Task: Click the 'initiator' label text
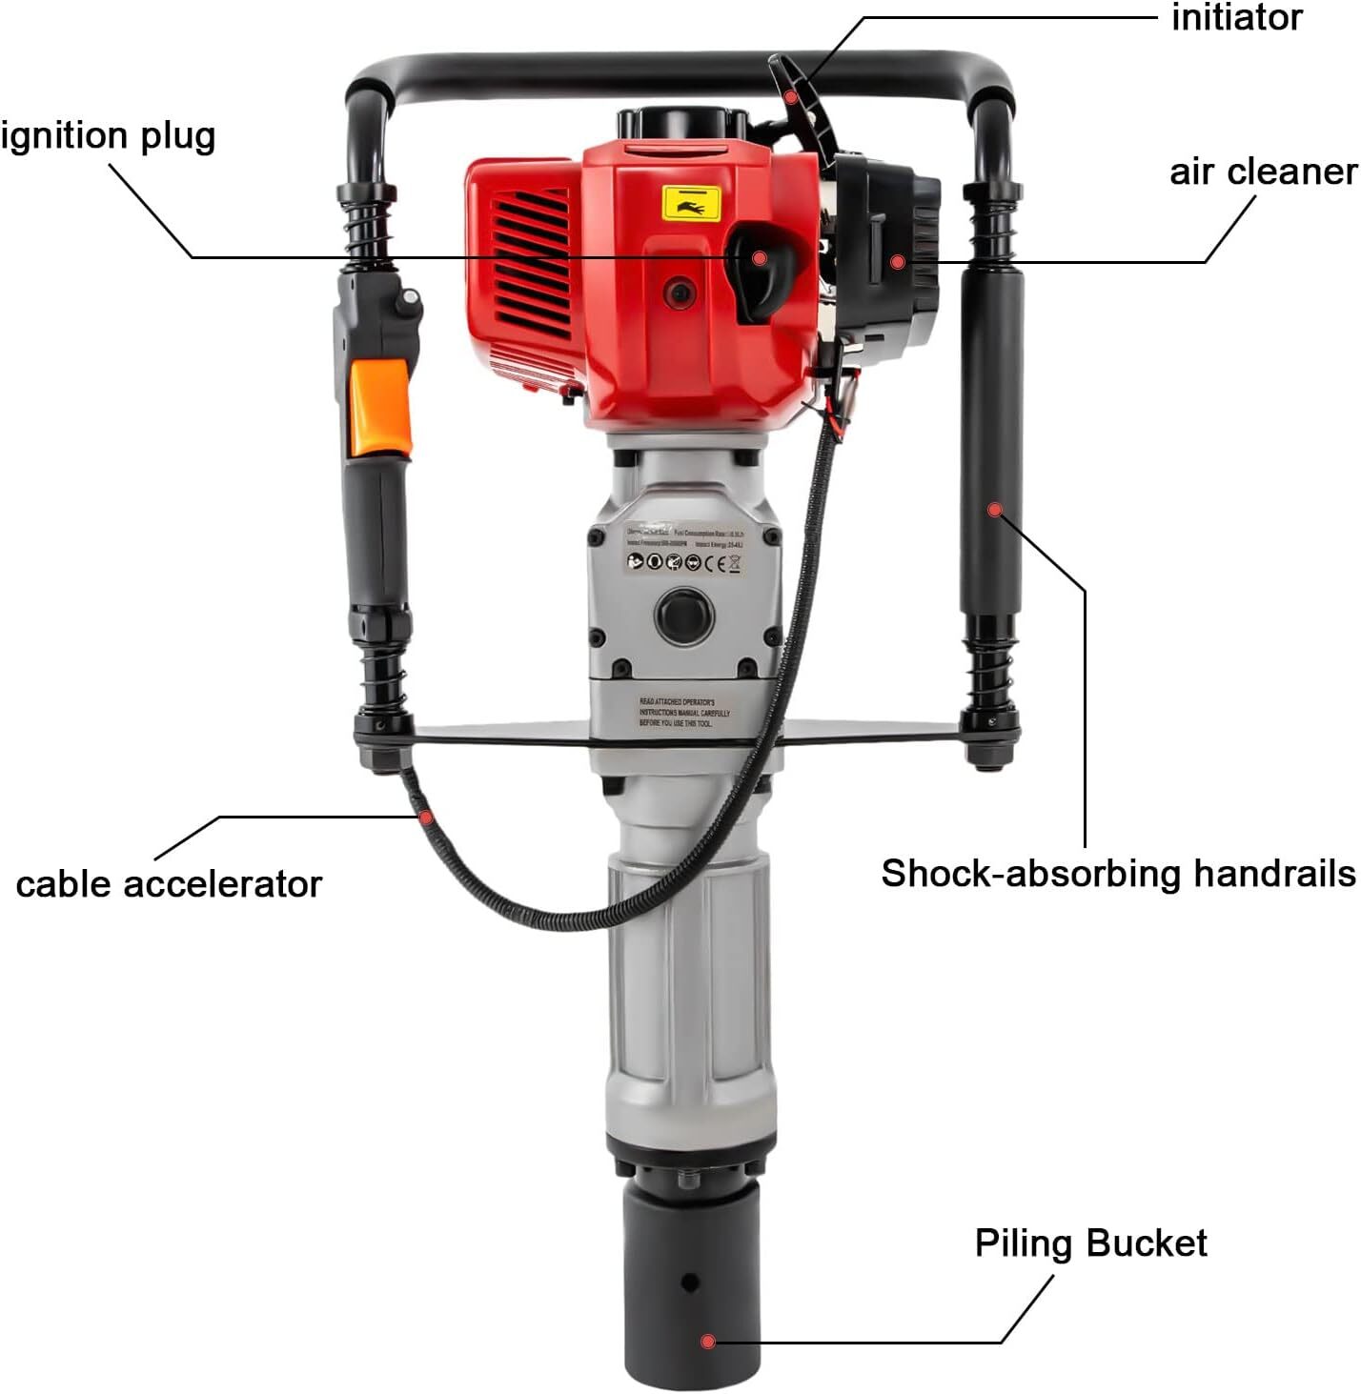1236,18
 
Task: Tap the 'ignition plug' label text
108,136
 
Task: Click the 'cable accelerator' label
169,884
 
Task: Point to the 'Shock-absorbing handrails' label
1117,873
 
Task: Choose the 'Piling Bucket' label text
1090,1242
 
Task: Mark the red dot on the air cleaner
897,261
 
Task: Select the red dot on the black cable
426,817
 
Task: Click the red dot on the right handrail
994,510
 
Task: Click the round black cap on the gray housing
683,616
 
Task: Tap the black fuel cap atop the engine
680,124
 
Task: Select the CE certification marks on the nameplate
727,563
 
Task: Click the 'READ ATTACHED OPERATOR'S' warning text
677,702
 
